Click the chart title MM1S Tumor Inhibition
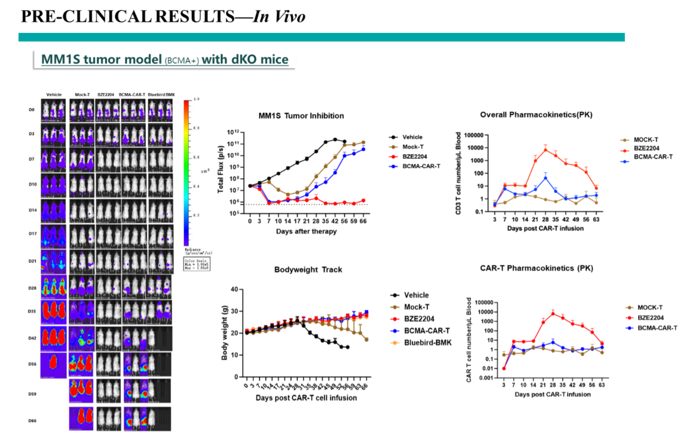coord(301,116)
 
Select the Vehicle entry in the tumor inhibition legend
coord(412,137)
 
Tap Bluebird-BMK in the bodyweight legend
coord(427,343)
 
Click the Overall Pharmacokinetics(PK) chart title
coord(536,115)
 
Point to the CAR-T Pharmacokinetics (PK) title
coord(536,268)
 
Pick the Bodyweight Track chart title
coord(308,269)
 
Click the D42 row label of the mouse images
coord(32,338)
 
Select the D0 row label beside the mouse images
coord(32,110)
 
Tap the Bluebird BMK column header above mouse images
coord(161,95)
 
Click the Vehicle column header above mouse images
coord(54,95)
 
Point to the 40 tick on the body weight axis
coord(234,289)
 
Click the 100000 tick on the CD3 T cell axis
coord(474,135)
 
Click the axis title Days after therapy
coord(306,231)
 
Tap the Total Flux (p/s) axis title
coord(221,169)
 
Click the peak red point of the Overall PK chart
coord(545,150)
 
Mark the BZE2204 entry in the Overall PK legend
coord(646,148)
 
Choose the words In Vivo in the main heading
coord(279,17)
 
